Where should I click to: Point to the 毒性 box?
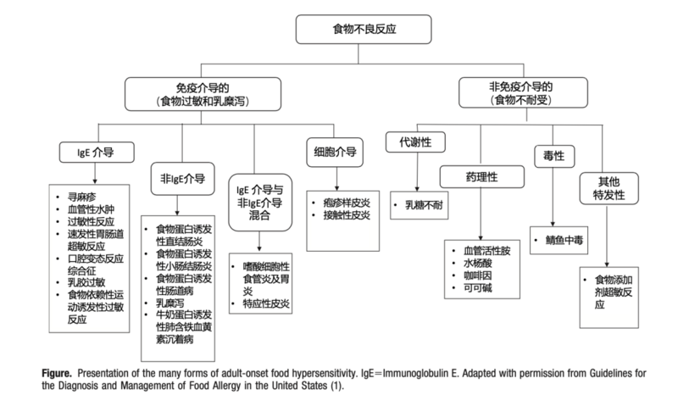(x=553, y=156)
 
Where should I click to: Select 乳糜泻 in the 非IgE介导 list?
(x=174, y=300)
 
